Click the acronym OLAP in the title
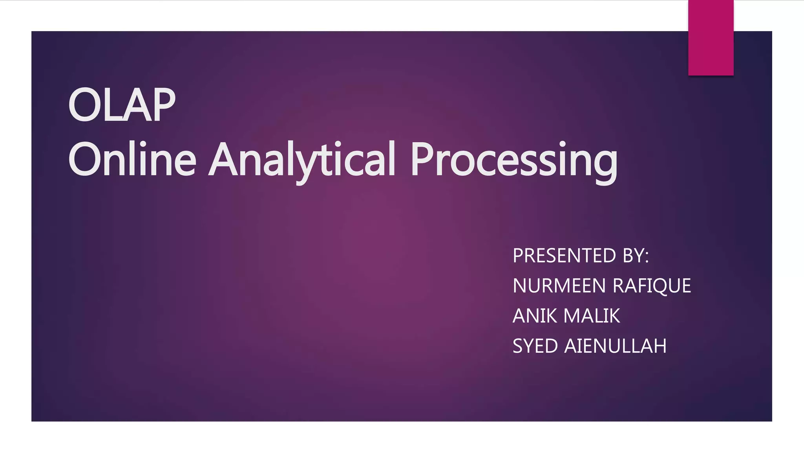coord(122,105)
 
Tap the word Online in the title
coord(132,159)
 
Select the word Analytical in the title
coord(302,159)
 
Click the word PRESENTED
coord(565,256)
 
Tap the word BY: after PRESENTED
coord(636,256)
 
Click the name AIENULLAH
coord(615,346)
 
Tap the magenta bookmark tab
coord(711,38)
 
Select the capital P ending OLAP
coord(163,105)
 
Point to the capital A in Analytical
coord(224,159)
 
